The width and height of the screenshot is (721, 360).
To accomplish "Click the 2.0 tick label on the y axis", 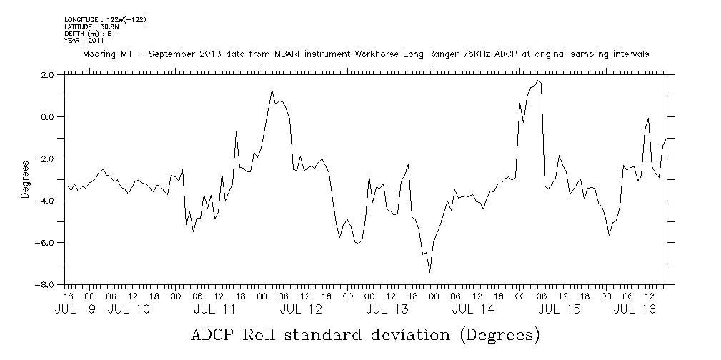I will point(46,74).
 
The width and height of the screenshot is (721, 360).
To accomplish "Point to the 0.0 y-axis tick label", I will point(46,116).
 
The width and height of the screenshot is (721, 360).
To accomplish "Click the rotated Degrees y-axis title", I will point(25,179).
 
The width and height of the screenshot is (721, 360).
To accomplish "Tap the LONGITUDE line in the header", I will point(105,20).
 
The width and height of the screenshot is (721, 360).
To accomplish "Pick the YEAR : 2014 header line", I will point(84,41).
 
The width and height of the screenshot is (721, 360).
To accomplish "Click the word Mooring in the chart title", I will point(100,54).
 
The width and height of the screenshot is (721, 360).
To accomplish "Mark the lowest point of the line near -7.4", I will point(429,271).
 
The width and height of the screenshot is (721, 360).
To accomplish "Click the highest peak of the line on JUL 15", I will point(537,81).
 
